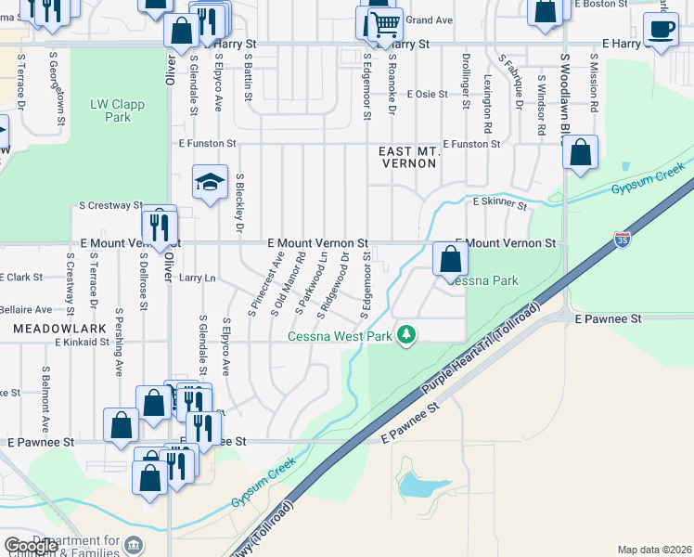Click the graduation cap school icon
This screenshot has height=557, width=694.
(x=211, y=181)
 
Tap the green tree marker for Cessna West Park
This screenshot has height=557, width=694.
(x=405, y=334)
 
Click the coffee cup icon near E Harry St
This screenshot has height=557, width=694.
(x=661, y=31)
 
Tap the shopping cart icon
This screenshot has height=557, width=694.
(x=384, y=22)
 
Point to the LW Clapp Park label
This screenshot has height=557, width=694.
(x=117, y=110)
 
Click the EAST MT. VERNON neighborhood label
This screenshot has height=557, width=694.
(x=409, y=156)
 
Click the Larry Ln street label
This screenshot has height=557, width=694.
(x=197, y=278)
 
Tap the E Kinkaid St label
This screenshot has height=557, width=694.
(x=84, y=343)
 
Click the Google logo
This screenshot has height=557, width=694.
(x=31, y=547)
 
